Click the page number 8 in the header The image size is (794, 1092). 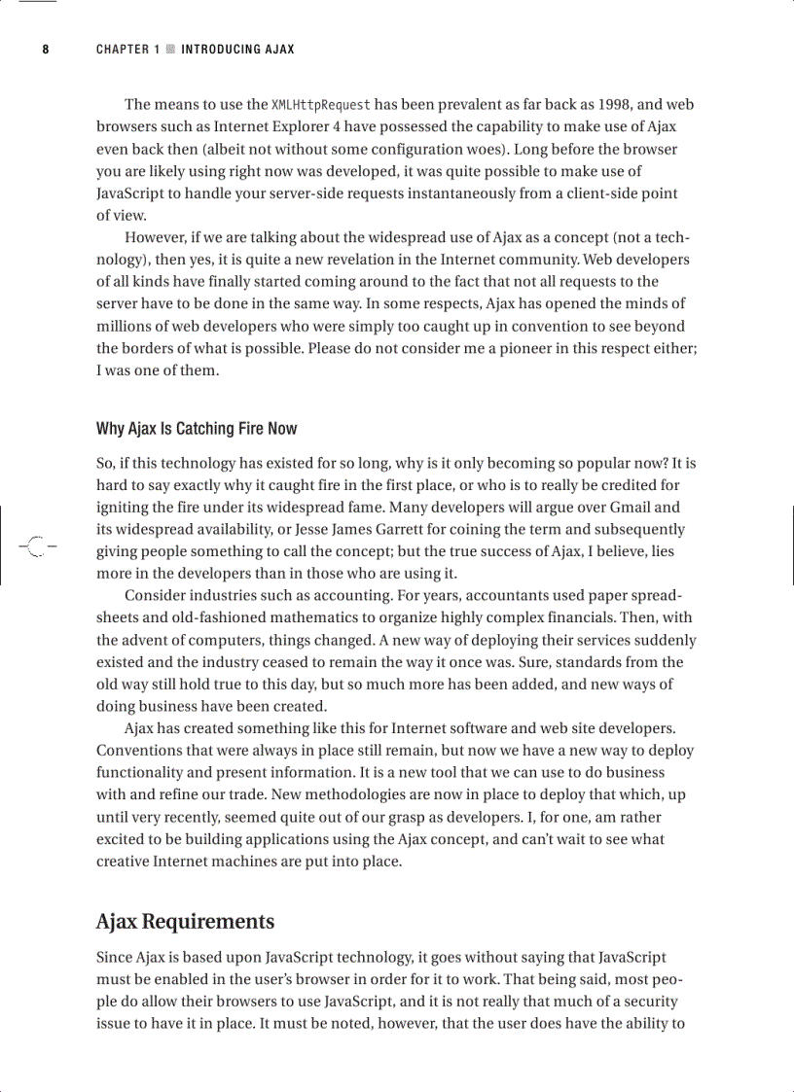45,49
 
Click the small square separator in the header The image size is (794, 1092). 170,49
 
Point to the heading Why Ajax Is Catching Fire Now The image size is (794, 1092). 197,429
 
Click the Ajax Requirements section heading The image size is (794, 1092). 185,922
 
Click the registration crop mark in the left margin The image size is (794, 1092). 34,546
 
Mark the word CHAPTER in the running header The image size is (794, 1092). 122,49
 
